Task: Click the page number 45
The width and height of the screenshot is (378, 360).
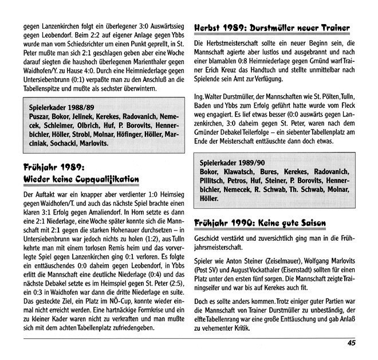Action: click(x=352, y=343)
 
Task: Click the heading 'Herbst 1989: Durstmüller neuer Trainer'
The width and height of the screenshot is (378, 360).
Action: click(x=272, y=28)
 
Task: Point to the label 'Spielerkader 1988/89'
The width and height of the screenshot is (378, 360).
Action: click(x=61, y=107)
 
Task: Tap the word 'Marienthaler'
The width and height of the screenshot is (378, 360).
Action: click(x=133, y=63)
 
